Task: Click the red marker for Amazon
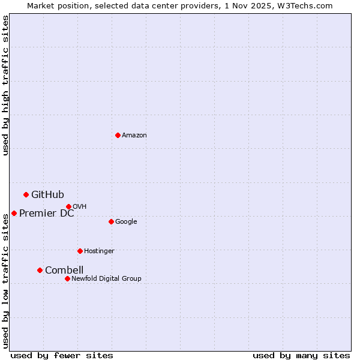[118, 135]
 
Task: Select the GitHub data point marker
[26, 194]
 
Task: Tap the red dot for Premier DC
[14, 213]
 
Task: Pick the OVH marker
[68, 206]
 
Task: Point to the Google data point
[111, 221]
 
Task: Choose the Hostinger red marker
[80, 251]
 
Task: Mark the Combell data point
[40, 270]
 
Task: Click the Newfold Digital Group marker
[67, 278]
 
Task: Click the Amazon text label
[134, 136]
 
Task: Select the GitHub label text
[47, 194]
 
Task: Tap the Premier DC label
[47, 213]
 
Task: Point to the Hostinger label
[99, 251]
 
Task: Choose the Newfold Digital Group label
[106, 278]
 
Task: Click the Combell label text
[64, 270]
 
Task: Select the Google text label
[126, 222]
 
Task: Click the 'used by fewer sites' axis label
[62, 355]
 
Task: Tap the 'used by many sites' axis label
[301, 355]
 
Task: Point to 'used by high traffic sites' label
[5, 85]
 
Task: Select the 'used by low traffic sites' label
[5, 281]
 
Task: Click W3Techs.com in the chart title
[310, 5]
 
